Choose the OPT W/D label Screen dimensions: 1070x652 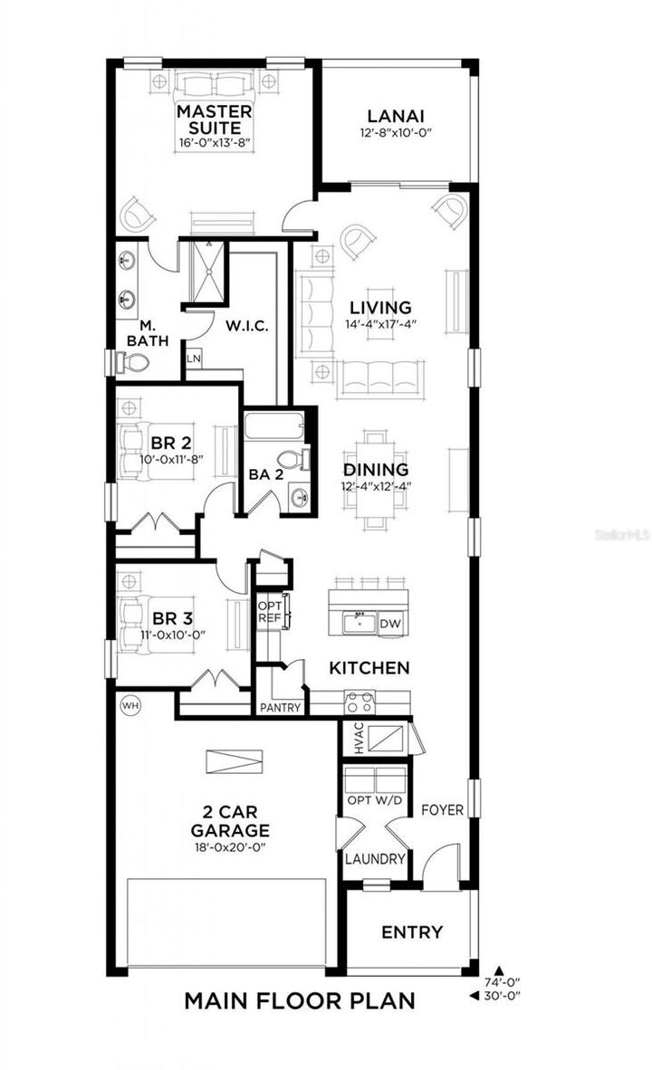[x=376, y=801]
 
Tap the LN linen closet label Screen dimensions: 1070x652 [x=193, y=358]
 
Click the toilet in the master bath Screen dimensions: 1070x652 [x=135, y=363]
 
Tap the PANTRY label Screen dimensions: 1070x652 [x=280, y=708]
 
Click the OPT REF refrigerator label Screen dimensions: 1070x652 [x=270, y=612]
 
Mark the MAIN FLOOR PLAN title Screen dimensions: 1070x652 [x=300, y=1000]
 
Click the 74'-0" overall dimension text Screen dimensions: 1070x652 [x=503, y=981]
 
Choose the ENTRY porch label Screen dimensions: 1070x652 [x=411, y=931]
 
